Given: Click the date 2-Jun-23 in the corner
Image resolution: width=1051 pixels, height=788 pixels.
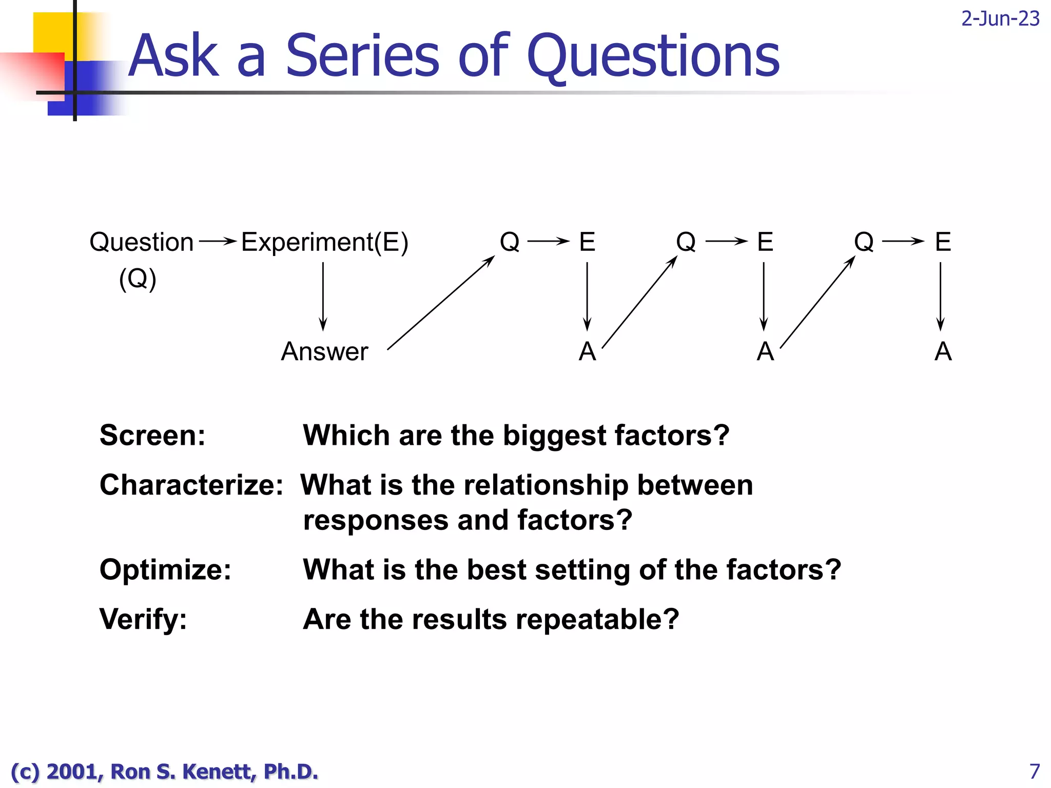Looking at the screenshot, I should point(1000,19).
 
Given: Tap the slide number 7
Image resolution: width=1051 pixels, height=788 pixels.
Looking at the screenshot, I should point(1035,771).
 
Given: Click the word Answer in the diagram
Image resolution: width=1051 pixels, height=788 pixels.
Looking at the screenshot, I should point(324,352).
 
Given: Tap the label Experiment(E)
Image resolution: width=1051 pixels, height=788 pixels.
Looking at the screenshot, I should point(324,242).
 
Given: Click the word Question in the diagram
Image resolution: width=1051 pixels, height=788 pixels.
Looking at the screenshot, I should point(141,242).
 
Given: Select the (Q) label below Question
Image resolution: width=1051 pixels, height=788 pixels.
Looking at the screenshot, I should point(138,280).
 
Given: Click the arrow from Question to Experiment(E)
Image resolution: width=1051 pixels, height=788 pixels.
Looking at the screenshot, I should point(218,241).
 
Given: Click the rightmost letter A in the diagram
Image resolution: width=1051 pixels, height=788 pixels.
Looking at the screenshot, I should point(943,352).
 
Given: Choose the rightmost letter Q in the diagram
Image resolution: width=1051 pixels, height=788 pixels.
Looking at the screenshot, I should point(864,242).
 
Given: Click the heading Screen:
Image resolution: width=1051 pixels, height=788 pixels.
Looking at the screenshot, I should point(152,436).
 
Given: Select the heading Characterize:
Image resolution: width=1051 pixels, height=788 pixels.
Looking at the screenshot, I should point(191,485).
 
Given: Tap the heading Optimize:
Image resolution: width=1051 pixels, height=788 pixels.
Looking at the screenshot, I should point(165,569).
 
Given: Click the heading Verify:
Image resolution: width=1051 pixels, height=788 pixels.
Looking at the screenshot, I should point(143,619).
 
